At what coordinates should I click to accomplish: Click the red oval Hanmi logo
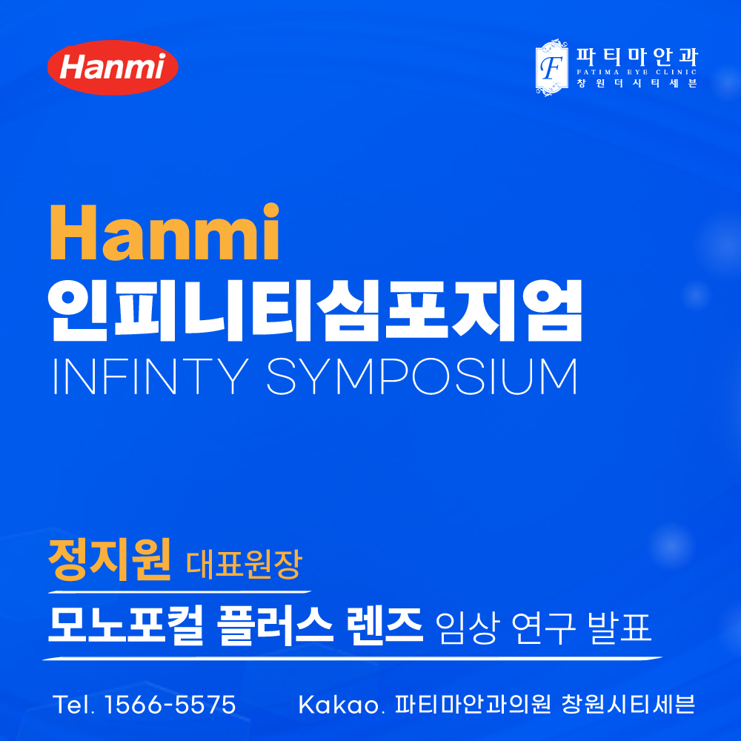[113, 67]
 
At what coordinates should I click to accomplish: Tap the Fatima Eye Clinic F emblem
[551, 67]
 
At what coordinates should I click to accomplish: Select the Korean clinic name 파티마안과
[637, 57]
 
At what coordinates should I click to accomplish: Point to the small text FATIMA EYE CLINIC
[637, 73]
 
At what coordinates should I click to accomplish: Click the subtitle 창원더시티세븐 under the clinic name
[637, 83]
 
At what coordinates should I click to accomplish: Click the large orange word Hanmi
[165, 232]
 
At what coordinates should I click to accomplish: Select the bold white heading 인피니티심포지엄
[315, 310]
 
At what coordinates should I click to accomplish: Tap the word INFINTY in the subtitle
[150, 376]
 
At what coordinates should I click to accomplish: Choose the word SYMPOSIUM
[422, 376]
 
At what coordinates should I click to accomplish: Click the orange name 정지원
[110, 560]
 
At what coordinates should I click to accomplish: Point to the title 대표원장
[244, 564]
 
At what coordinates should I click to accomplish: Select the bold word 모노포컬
[126, 625]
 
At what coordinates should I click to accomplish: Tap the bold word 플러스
[276, 625]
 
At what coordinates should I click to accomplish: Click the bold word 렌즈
[384, 625]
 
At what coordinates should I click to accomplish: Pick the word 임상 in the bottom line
[467, 628]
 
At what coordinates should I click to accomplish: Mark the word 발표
[619, 628]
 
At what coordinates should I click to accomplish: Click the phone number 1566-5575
[170, 705]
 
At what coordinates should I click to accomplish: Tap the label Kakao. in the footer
[339, 705]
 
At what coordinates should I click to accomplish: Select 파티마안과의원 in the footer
[473, 705]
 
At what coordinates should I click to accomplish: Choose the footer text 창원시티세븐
[628, 705]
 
